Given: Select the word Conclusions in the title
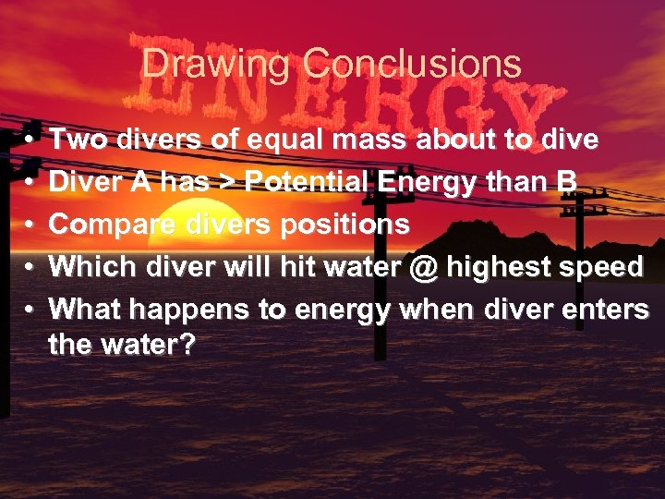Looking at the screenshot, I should click(413, 65).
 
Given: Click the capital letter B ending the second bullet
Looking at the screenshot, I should click(566, 183).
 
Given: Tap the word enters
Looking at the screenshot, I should click(606, 310).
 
